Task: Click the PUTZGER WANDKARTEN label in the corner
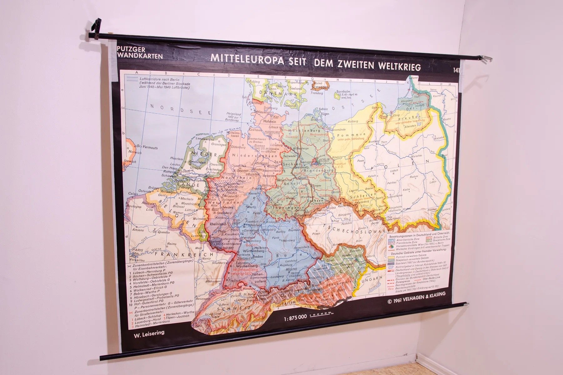point(139,52)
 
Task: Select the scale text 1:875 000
point(295,319)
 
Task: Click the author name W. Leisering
point(149,332)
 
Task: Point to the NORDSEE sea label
point(171,108)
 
